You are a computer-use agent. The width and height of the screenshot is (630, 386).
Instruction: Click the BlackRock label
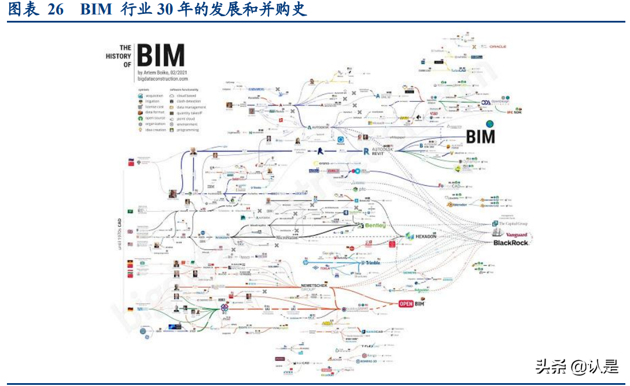point(511,242)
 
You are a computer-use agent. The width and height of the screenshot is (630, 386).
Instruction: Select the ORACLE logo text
point(498,47)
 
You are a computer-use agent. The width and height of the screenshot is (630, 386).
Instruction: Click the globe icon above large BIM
point(489,124)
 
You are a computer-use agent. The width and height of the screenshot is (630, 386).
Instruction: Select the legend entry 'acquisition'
point(153,95)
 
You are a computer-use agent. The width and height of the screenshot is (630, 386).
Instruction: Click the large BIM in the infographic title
point(161,56)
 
